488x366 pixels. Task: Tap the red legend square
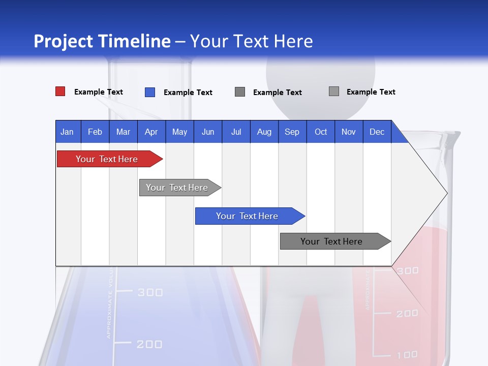point(60,91)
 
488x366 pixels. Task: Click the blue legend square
point(150,92)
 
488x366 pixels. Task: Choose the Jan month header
point(67,132)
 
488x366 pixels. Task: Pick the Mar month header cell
point(123,132)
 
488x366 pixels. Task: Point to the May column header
point(179,132)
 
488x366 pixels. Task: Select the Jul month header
point(236,132)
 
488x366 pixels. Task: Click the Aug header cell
point(264,132)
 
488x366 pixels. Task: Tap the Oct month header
point(321,132)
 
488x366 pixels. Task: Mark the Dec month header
point(377,132)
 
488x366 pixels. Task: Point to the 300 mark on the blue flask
point(150,292)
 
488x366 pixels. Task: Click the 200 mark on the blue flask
point(149,344)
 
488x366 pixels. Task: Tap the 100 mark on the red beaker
point(407,354)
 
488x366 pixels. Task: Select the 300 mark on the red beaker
point(408,270)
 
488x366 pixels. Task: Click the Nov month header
point(349,132)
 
